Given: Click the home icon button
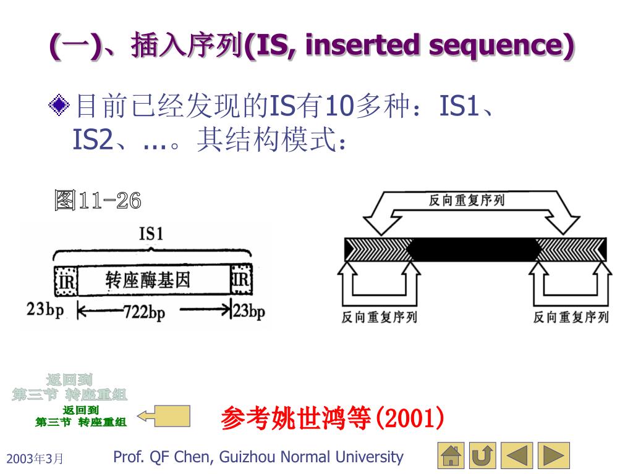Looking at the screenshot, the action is click(451, 456).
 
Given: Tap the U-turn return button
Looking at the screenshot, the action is click(483, 456).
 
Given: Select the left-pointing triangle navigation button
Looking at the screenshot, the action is click(517, 456).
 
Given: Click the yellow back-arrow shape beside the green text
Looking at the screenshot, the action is click(164, 416).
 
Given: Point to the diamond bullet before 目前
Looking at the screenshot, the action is click(59, 105).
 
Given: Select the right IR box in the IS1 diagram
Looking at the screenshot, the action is click(242, 279).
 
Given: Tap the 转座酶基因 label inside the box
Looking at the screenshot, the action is click(148, 280).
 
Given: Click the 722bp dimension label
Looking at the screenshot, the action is click(144, 312).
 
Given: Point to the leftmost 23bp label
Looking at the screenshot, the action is click(45, 310).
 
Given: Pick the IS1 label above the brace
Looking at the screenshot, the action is click(151, 234).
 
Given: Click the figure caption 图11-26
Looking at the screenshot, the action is click(98, 201).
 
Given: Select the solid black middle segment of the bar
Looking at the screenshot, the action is click(474, 250).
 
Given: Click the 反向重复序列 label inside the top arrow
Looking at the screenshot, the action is click(467, 200).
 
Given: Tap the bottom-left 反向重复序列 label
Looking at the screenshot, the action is click(379, 317).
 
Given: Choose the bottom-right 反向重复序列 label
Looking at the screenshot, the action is click(571, 317).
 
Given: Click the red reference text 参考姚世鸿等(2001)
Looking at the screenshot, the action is click(332, 418).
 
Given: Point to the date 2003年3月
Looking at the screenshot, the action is click(35, 459).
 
